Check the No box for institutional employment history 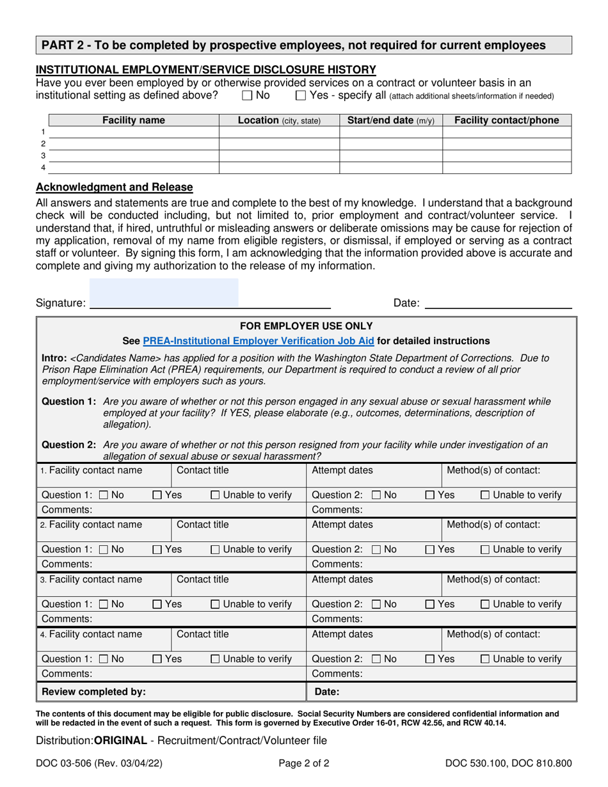coord(247,96)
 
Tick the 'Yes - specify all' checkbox coord(301,96)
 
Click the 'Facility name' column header coord(134,120)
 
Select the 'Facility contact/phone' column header coord(507,120)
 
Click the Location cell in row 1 coord(279,132)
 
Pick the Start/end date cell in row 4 coord(390,168)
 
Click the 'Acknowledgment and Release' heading coord(114,187)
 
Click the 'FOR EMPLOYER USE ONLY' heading coord(306,326)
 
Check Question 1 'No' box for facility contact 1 coord(104,495)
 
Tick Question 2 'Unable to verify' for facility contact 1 coord(485,495)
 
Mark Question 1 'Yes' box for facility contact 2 coord(157,549)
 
